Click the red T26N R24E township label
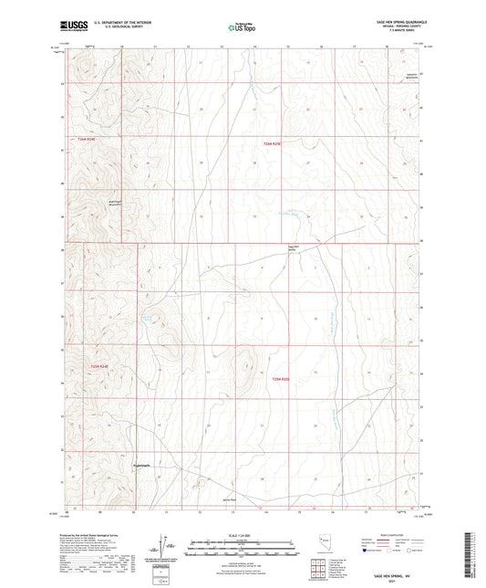point(87,138)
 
